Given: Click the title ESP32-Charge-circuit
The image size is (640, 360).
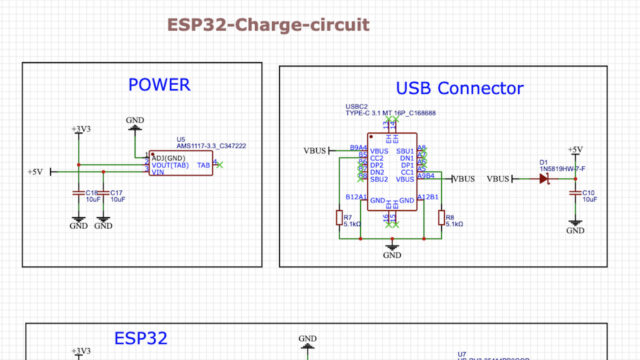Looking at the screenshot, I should tap(267, 24).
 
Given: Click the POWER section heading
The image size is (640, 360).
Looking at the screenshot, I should tap(158, 86).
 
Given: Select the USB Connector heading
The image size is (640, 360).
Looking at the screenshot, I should tap(459, 89).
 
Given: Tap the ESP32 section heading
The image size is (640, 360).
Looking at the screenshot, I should tap(140, 339).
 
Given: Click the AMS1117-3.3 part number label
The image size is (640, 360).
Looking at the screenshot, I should tap(211, 146).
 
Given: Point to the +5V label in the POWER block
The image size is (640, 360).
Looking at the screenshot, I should tap(35, 172).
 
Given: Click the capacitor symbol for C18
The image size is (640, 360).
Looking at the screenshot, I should tap(78, 191).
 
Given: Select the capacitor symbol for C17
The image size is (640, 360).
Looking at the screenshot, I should tap(103, 191).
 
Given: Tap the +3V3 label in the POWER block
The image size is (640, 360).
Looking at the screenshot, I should tap(79, 129).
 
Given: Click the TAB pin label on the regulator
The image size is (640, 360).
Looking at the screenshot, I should tap(203, 164).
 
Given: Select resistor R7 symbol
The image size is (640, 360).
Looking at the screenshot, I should tap(338, 218).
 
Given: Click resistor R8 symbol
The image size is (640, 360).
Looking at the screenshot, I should tap(440, 218).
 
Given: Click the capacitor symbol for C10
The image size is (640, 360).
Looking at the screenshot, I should tap(575, 193).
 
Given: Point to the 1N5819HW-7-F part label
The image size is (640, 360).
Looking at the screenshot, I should tap(567, 169).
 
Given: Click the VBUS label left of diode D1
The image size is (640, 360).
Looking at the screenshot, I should tap(498, 179).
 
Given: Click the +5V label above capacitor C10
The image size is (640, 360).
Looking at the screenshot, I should tap(575, 149).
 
